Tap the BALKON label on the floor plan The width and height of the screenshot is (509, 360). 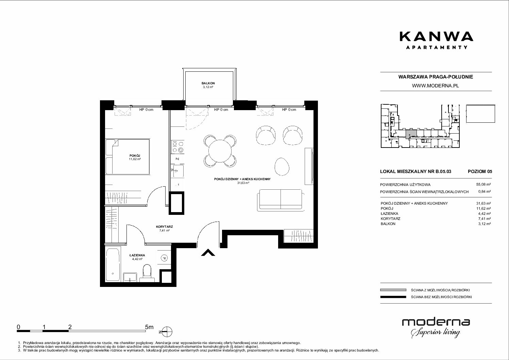(x=208, y=83)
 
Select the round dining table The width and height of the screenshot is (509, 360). (x=220, y=151)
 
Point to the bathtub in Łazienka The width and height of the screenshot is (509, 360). (x=113, y=265)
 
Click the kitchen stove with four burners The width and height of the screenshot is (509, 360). (x=178, y=147)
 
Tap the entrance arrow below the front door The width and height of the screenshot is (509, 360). (x=208, y=253)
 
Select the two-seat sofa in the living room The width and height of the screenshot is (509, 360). (x=281, y=200)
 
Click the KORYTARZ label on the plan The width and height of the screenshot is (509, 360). (x=164, y=226)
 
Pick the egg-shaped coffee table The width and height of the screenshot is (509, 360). (x=282, y=167)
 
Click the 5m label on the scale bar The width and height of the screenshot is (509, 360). (x=149, y=327)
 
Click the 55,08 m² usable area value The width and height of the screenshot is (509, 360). (x=483, y=185)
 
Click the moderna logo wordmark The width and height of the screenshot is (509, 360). (x=436, y=322)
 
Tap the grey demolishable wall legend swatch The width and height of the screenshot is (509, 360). (x=393, y=290)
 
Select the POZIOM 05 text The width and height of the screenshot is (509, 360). (x=480, y=171)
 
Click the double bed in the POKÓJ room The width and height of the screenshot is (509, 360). (x=128, y=157)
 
